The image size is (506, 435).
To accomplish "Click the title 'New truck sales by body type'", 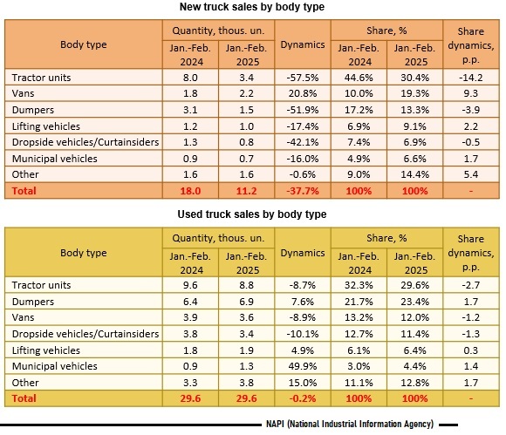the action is click(x=252, y=7).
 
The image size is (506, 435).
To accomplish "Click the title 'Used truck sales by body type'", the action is click(x=252, y=214).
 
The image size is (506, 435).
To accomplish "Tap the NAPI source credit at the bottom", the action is click(x=350, y=424).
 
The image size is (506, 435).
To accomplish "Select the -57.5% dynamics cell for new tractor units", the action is click(x=303, y=78).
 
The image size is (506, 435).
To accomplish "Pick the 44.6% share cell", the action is click(x=359, y=78).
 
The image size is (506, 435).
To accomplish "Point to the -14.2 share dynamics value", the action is click(x=471, y=78).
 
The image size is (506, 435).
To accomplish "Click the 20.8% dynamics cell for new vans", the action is click(x=303, y=93).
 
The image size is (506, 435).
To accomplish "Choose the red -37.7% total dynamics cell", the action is click(x=303, y=191).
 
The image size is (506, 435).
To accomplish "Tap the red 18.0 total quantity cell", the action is click(x=190, y=191).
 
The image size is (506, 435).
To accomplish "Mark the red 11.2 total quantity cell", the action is click(x=247, y=191).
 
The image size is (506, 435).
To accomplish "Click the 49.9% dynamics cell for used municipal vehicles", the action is click(x=303, y=366).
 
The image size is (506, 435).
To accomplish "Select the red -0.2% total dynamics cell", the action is click(x=303, y=398).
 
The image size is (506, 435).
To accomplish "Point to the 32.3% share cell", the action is click(x=359, y=285).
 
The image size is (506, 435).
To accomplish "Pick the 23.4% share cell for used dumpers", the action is click(x=414, y=302).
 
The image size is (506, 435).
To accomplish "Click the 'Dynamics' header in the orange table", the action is click(x=303, y=44).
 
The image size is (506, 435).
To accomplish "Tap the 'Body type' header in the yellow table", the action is click(x=84, y=253).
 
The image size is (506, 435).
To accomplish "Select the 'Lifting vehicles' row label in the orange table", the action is click(x=46, y=126).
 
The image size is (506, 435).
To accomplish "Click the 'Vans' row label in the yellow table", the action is click(x=23, y=317).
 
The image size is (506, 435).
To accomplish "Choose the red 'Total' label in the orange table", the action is click(x=24, y=191).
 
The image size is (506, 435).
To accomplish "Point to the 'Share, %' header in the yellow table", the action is click(x=386, y=238).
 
